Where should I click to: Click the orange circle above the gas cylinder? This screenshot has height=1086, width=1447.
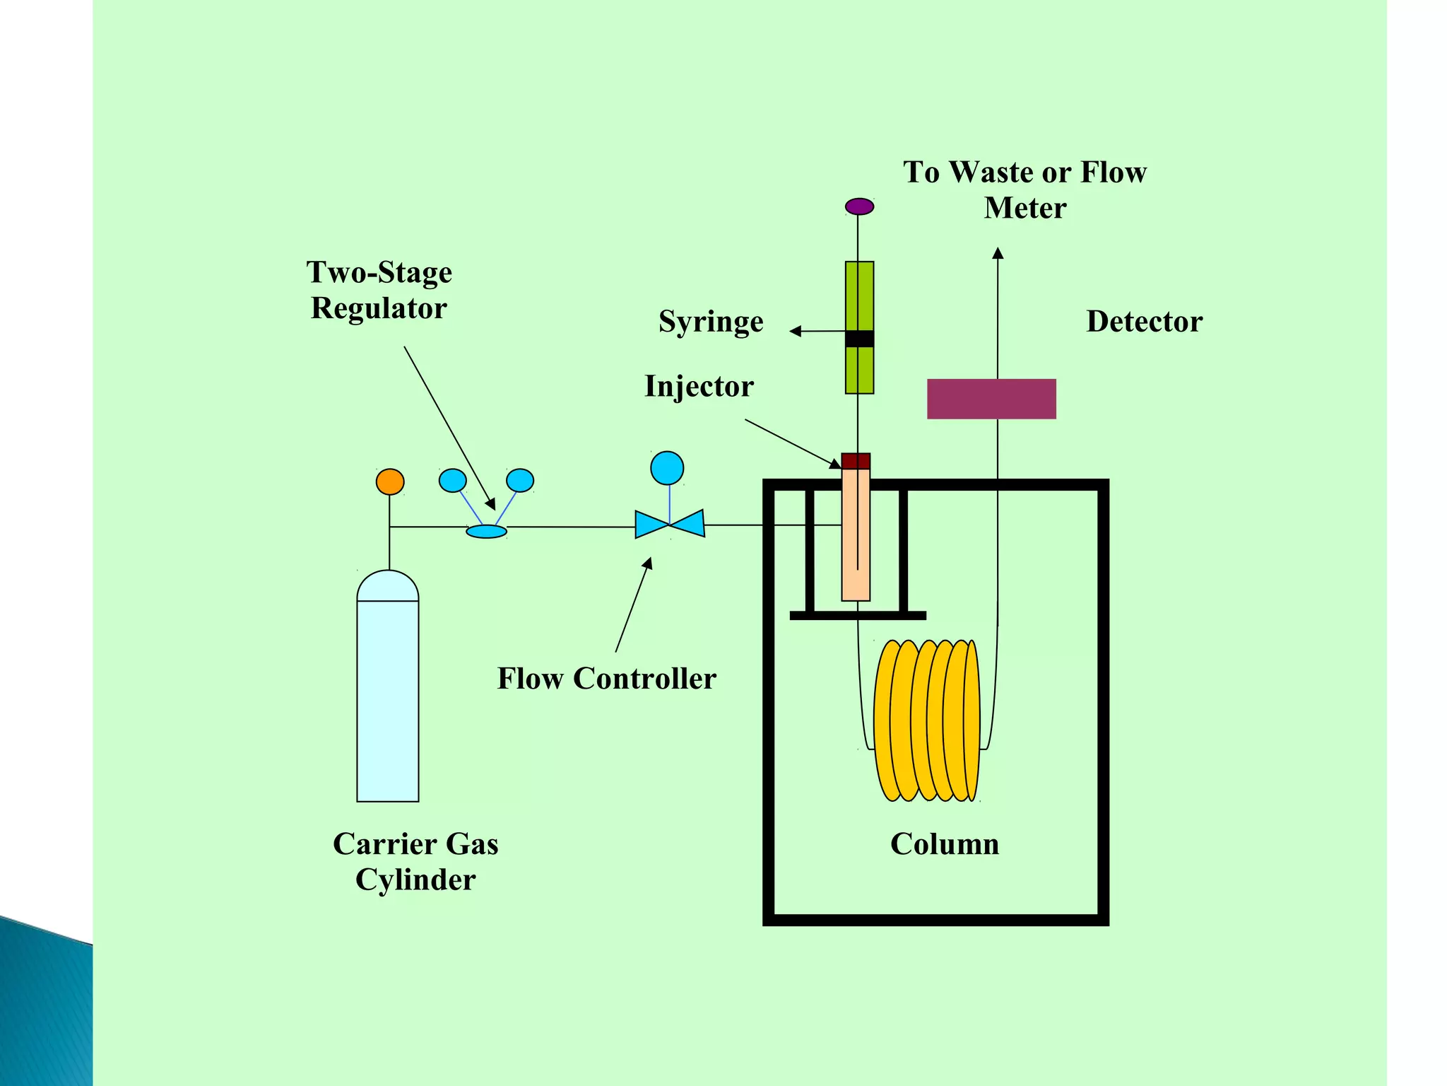click(x=389, y=481)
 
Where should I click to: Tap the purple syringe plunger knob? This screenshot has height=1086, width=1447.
click(x=859, y=206)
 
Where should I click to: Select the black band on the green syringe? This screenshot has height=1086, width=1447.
click(x=859, y=339)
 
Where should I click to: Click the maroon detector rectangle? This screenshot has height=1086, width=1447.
click(x=991, y=399)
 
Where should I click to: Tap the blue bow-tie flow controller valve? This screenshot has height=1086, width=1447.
click(x=669, y=524)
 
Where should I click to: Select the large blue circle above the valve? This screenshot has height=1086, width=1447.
click(x=666, y=468)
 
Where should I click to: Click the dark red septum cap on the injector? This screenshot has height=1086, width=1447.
click(x=856, y=461)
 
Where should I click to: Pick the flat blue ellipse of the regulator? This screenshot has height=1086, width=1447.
click(x=486, y=531)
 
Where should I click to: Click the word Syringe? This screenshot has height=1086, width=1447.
click(x=710, y=322)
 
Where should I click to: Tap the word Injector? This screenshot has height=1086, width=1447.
click(x=699, y=387)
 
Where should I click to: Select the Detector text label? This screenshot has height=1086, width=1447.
click(x=1143, y=322)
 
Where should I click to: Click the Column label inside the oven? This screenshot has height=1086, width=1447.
click(x=944, y=844)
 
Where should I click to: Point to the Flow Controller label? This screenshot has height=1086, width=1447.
click(x=606, y=679)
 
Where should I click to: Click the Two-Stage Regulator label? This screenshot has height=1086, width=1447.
click(x=379, y=290)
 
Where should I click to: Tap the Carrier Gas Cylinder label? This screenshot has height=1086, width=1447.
click(x=415, y=861)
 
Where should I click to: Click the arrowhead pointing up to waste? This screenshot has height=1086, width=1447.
click(x=997, y=253)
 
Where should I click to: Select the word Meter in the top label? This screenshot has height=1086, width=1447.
click(x=1024, y=208)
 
